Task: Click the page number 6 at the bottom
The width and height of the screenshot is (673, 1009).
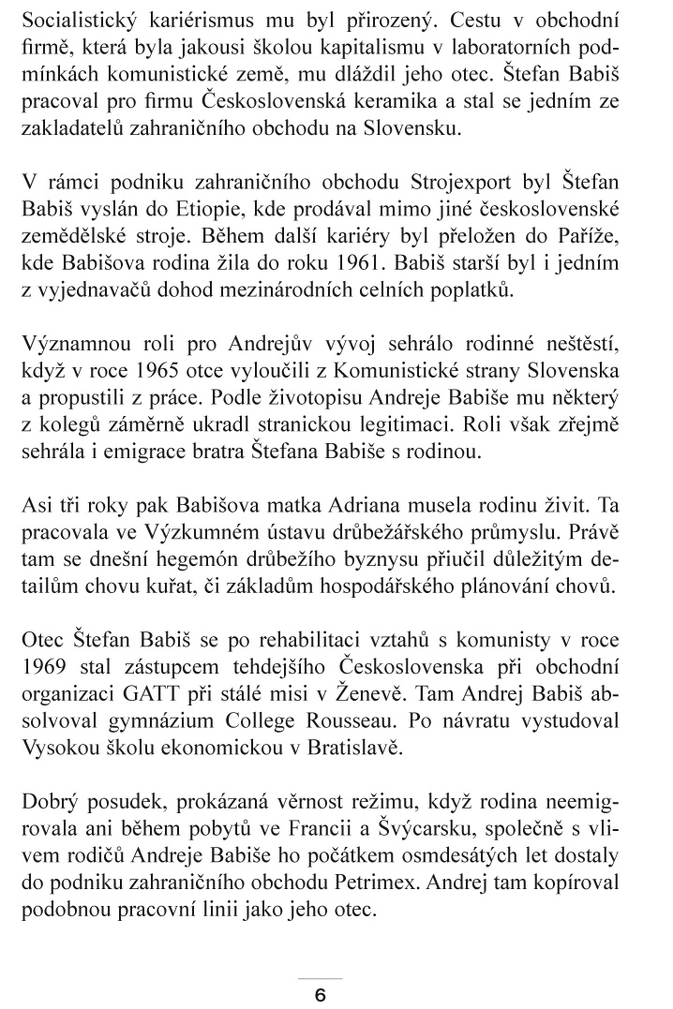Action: click(320, 996)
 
